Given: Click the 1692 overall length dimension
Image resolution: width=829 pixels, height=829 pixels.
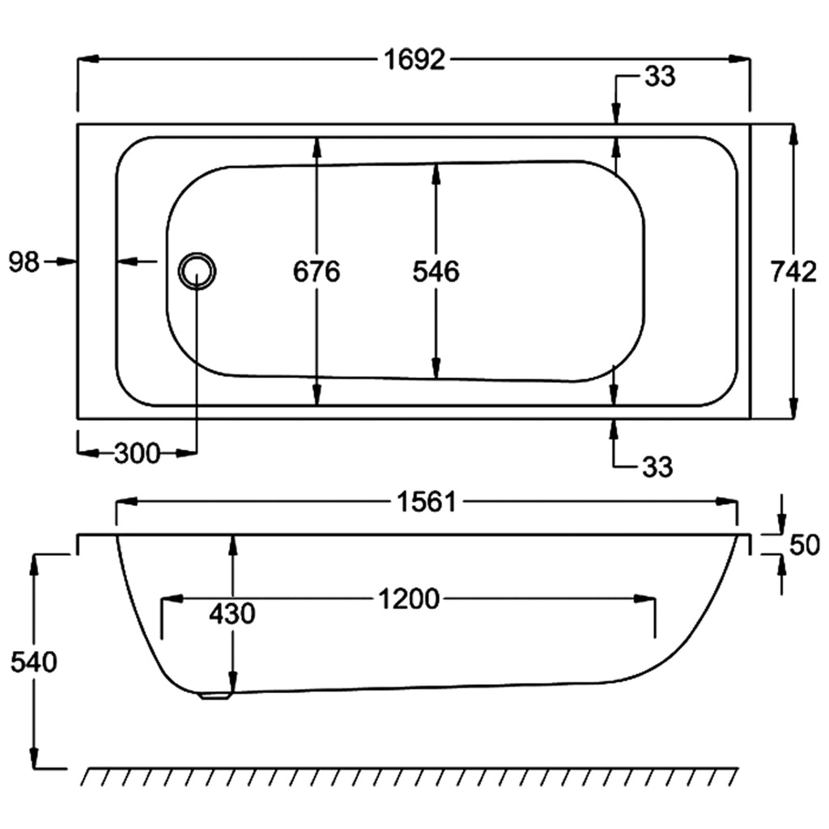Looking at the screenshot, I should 414,60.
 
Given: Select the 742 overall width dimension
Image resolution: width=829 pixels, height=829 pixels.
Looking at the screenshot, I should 794,272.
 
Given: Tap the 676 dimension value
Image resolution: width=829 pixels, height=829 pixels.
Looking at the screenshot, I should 317,272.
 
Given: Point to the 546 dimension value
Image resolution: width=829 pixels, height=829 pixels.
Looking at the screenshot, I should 436,272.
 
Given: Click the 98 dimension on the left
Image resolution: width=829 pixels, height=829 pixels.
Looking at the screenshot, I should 24,261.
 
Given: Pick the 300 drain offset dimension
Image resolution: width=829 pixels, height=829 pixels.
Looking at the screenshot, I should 137,454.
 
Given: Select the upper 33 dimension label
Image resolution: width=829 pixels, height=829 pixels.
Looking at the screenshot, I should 659,77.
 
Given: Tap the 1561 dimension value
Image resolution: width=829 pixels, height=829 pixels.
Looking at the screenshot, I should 427,503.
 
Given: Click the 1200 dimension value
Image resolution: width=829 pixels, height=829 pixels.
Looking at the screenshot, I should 408,600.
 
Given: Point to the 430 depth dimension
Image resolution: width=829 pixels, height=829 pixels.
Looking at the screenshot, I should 232,614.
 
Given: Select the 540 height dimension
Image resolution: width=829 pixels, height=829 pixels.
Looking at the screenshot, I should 34,663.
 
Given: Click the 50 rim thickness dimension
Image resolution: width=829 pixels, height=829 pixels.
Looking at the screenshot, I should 806,544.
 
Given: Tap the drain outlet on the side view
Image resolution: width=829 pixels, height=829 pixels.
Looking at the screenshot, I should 215,694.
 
